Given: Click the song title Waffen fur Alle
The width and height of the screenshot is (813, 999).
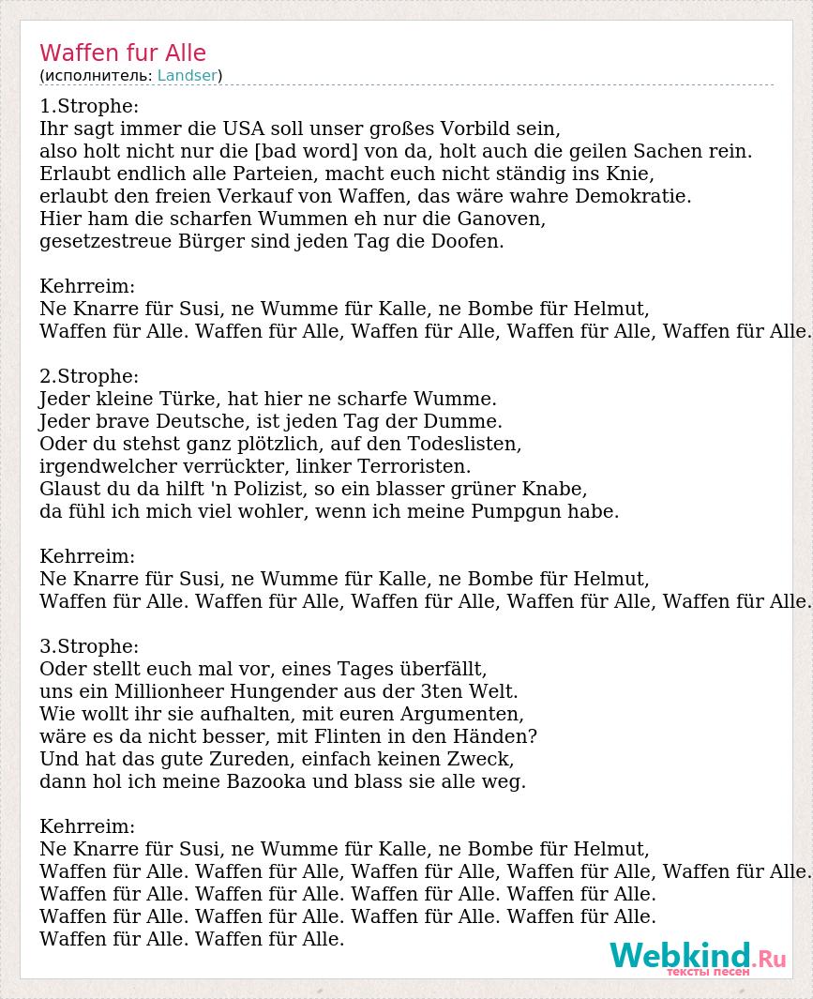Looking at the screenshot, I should point(123,53).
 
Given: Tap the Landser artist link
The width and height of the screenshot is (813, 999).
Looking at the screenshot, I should point(188,76).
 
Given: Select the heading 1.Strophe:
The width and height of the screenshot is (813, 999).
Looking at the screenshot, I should point(89,106).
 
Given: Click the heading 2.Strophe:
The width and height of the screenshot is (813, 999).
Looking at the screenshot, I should point(89,376).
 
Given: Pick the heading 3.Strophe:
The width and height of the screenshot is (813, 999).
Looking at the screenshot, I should point(89,646).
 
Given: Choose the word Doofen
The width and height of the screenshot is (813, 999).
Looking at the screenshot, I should point(469,241).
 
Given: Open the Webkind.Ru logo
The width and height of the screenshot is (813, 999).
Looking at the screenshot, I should point(697,958).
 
